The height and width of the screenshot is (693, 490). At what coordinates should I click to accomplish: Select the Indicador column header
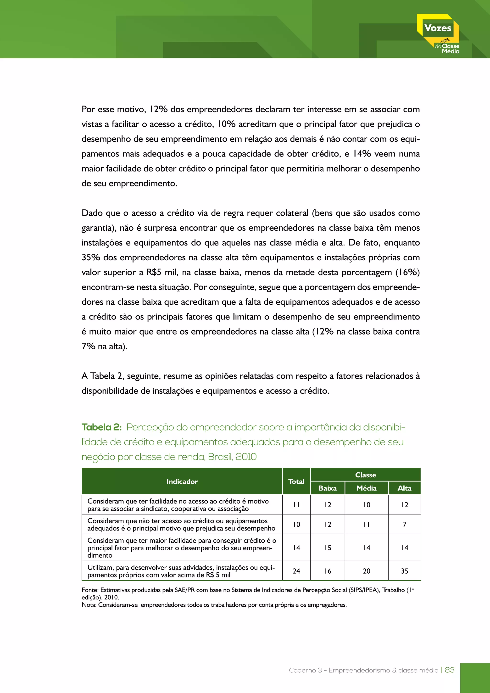[x=182, y=481]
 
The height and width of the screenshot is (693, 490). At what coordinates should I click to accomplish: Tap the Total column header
[x=296, y=481]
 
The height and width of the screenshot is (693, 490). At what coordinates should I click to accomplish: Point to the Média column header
[x=366, y=488]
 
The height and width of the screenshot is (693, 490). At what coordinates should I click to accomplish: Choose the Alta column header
[x=404, y=488]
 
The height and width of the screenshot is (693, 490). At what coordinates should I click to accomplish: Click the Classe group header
[x=365, y=475]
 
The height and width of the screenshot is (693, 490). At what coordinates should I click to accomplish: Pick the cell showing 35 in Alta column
[x=404, y=571]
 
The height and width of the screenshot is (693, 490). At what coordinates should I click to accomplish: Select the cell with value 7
[x=404, y=524]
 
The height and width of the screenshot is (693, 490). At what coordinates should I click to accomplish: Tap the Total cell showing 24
[x=296, y=571]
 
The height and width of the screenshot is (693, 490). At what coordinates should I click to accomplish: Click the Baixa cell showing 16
[x=328, y=571]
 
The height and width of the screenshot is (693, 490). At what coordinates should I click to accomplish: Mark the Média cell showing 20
[x=366, y=571]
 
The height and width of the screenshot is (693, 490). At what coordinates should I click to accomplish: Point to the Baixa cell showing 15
[x=328, y=548]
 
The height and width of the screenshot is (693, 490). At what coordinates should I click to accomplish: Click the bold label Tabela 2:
[x=101, y=427]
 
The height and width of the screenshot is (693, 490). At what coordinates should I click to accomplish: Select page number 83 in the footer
[x=450, y=670]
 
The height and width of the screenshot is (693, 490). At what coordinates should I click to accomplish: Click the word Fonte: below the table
[x=90, y=590]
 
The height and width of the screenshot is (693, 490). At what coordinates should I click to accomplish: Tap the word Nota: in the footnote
[x=89, y=604]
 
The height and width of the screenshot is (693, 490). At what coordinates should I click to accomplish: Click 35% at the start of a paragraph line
[x=90, y=257]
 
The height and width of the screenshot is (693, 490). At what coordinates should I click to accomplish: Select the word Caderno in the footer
[x=302, y=670]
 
